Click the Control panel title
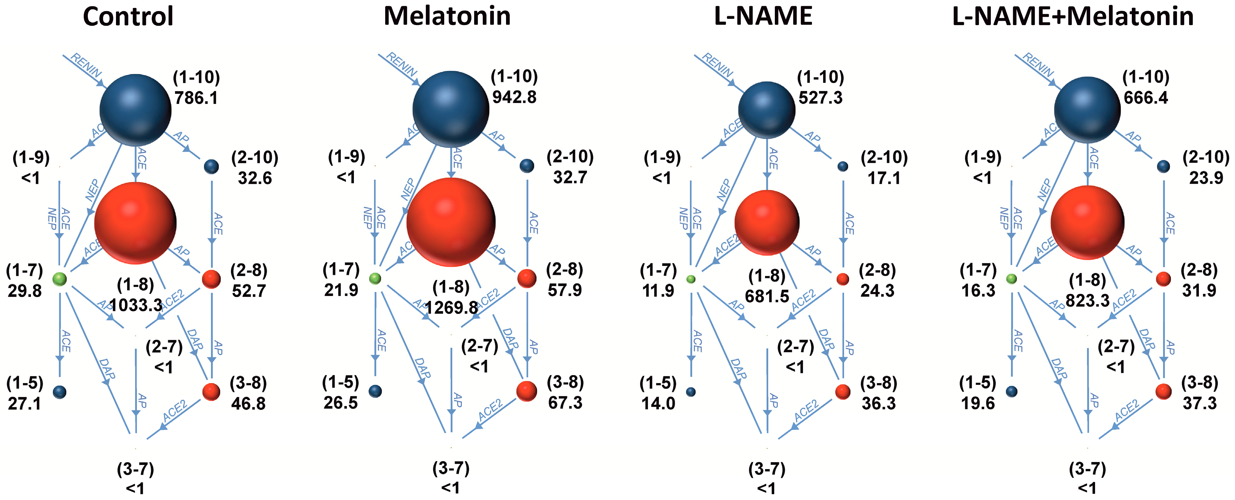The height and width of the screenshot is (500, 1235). click(128, 16)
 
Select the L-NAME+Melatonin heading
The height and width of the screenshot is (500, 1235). click(1072, 16)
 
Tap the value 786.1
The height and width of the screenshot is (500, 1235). click(196, 98)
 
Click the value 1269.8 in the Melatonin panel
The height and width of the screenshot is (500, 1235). click(451, 307)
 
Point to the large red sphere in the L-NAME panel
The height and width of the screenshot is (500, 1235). click(767, 222)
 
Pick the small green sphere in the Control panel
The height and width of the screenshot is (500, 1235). click(59, 278)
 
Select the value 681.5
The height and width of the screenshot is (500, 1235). click(767, 296)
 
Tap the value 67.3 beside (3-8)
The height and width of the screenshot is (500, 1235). click(565, 403)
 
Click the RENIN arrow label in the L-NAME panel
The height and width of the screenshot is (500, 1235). click(718, 65)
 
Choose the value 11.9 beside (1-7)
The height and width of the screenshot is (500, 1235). click(658, 290)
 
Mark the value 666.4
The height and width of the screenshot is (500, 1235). click(1146, 98)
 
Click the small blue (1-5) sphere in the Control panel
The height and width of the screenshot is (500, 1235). click(59, 392)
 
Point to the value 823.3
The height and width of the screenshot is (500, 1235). click(1087, 300)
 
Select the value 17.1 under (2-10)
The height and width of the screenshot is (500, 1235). click(884, 178)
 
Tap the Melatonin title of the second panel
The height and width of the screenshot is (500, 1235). click(447, 16)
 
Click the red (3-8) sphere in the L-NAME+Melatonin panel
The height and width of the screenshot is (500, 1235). click(1163, 392)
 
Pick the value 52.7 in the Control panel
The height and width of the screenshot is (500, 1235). click(249, 290)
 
